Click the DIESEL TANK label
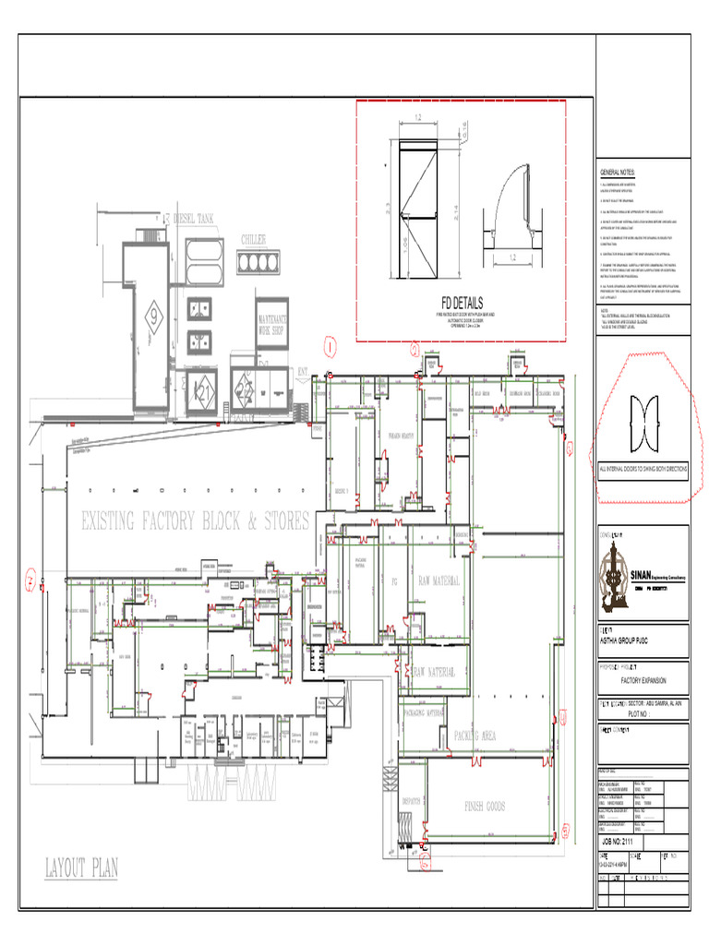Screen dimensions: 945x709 [193, 220]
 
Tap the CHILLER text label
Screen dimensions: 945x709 [254, 240]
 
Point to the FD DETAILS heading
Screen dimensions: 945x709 [461, 303]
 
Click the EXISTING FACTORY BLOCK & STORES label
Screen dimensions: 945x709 [195, 522]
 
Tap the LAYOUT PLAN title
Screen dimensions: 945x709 [82, 867]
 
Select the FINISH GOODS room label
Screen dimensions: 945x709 [485, 806]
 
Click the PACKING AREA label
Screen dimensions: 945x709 [475, 736]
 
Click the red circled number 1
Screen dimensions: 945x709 [330, 347]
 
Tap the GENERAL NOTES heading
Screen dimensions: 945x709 [618, 173]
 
